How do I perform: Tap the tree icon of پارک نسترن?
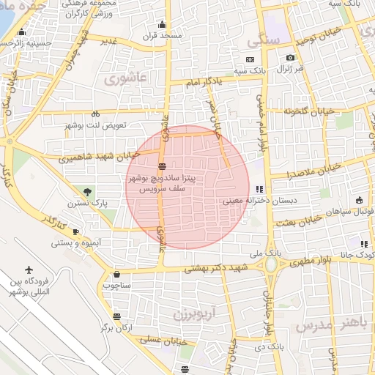tap(89, 192)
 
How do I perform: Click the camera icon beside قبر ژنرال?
tap(291, 58)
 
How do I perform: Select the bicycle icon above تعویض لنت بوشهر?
tap(95, 114)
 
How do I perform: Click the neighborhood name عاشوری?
tap(126, 76)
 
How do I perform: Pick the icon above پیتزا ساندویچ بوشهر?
tap(161, 165)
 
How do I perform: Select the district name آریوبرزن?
tap(193, 315)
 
